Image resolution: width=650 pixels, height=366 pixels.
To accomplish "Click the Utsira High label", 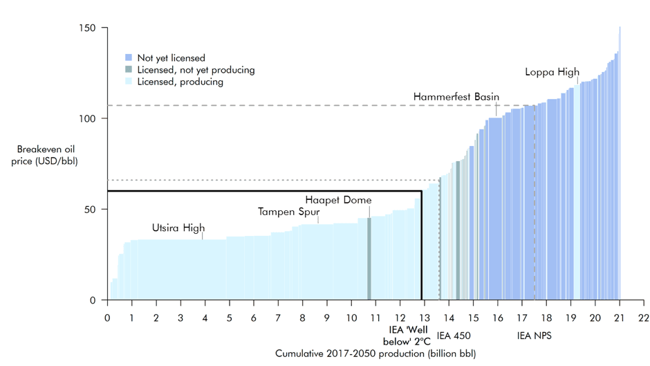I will click(x=178, y=228).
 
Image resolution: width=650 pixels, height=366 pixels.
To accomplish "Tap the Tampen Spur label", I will click(x=289, y=211).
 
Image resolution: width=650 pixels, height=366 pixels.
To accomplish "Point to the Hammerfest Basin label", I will click(x=456, y=97).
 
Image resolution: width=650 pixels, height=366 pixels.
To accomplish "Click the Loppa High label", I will click(x=552, y=72).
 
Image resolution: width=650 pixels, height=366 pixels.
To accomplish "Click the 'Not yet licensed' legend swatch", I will click(x=129, y=57).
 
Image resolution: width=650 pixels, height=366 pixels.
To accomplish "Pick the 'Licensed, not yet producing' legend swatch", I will click(x=129, y=70).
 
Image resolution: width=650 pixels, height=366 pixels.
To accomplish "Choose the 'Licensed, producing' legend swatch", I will click(x=129, y=82).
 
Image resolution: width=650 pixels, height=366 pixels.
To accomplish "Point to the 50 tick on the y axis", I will click(x=93, y=209).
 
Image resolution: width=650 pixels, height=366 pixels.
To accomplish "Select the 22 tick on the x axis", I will click(x=644, y=318).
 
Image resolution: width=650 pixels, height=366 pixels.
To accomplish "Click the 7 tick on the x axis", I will click(x=278, y=318).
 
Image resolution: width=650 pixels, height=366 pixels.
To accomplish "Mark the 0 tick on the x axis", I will click(x=107, y=318).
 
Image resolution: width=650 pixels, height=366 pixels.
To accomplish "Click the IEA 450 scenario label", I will click(x=454, y=336).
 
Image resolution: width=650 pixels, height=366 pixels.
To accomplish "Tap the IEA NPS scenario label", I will click(x=535, y=336).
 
